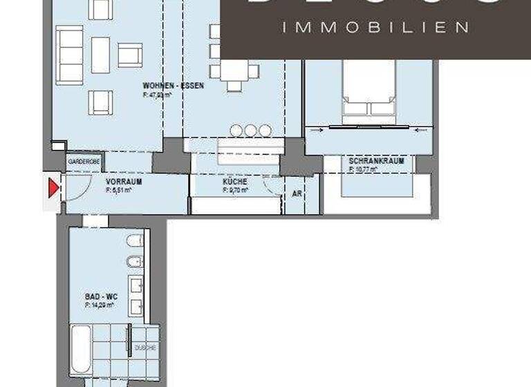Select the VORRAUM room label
pos(124,182)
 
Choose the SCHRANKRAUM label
pos(377,161)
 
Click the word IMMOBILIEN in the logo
pos(376,28)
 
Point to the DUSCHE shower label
pos(145,348)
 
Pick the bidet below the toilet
pos(136,261)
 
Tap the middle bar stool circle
pos(250,130)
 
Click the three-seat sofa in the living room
pos(70,54)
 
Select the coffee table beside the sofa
pos(101,55)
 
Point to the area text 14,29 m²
pos(99,304)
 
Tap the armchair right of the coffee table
pos(129,55)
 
